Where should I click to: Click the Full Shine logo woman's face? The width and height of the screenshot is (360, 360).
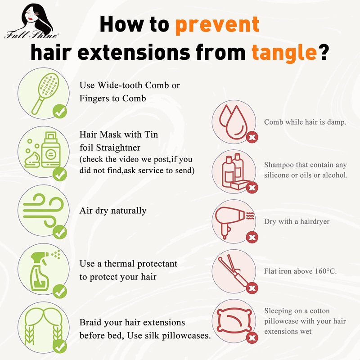(32, 16)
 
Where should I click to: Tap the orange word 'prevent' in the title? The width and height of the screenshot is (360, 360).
(217, 25)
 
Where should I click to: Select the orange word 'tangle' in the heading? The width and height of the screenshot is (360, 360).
(284, 53)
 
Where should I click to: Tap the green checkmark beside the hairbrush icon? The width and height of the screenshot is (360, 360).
(60, 111)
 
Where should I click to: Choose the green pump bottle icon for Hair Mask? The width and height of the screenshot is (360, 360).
(51, 149)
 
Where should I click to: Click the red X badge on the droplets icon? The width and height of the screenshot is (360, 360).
(252, 137)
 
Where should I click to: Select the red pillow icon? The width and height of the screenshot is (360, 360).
(234, 321)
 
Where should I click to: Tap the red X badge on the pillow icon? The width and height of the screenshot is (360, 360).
(252, 338)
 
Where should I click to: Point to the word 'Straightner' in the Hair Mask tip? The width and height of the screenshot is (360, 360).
(118, 148)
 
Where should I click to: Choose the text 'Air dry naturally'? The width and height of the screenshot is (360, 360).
(113, 211)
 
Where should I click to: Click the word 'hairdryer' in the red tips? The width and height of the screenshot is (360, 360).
(315, 221)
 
